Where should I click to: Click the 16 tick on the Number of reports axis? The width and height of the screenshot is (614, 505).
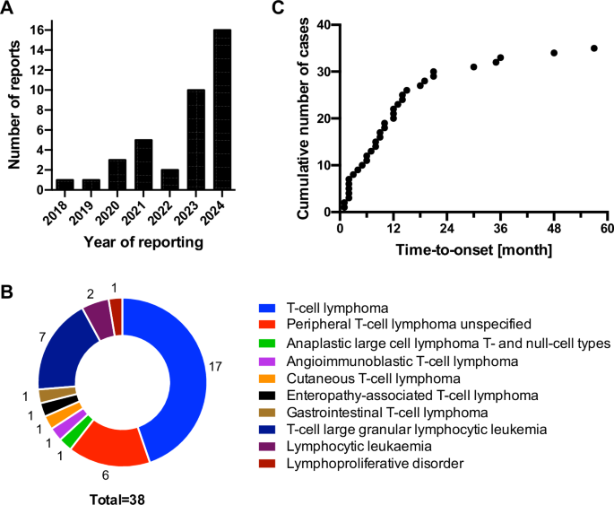pyautogui.click(x=33, y=30)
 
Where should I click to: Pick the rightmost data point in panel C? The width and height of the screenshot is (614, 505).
pyautogui.click(x=593, y=48)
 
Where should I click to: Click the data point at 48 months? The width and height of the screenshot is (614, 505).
pyautogui.click(x=554, y=53)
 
